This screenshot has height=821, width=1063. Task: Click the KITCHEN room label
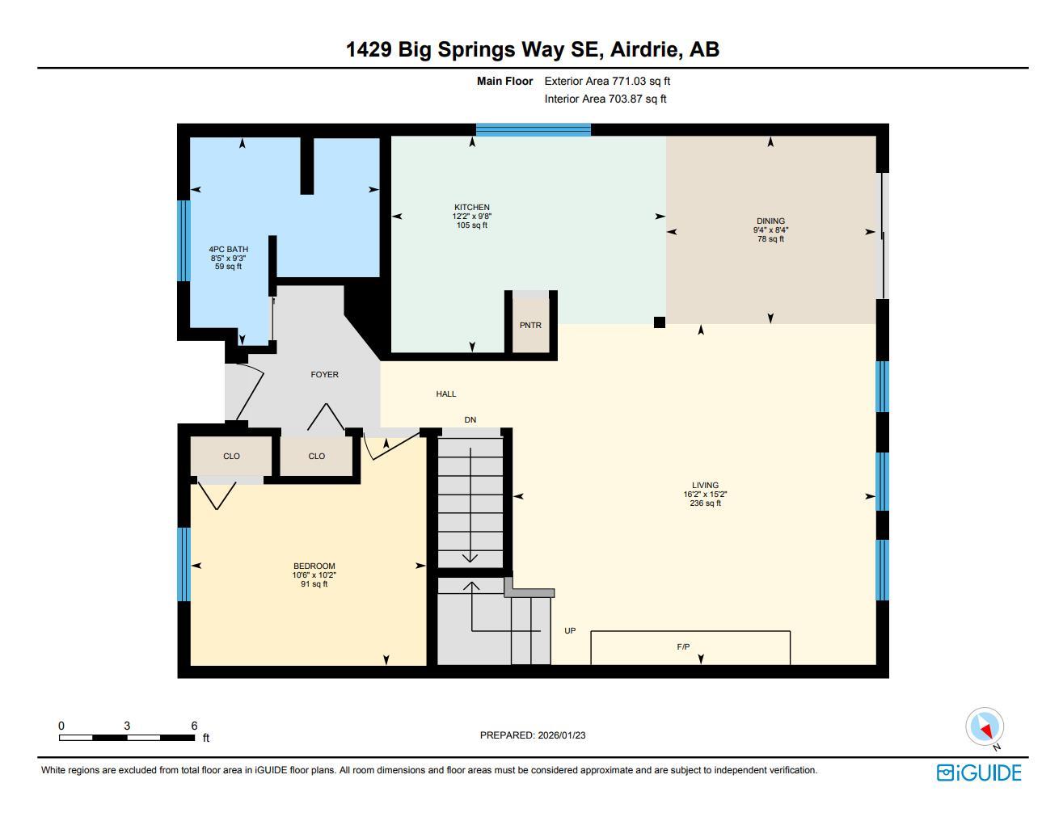[x=471, y=208]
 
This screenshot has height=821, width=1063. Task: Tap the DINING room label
[x=770, y=221]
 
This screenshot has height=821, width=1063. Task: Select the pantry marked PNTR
[x=530, y=325]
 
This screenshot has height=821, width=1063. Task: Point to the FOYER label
[x=324, y=375]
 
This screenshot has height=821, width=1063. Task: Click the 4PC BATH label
[x=228, y=250]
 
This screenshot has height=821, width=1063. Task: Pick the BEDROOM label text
[x=314, y=566]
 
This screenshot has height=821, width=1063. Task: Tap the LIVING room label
[x=705, y=486]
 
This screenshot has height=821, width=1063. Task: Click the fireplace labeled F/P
[x=683, y=647]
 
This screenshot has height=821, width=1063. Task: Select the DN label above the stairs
[x=470, y=420]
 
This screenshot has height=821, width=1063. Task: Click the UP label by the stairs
[x=570, y=631]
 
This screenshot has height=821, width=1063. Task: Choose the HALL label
[x=446, y=394]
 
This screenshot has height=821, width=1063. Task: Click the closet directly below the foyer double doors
[x=316, y=457]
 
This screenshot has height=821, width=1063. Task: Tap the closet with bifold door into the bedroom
[x=231, y=457]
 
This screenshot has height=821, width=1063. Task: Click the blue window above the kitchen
[x=533, y=129]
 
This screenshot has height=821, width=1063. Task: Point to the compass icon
[x=985, y=727]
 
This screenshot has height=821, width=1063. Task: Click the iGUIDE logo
[x=979, y=773]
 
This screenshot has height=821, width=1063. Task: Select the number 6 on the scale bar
[x=194, y=726]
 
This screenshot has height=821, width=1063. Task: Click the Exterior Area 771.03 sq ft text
[x=607, y=81]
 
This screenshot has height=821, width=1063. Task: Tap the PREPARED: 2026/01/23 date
[x=532, y=735]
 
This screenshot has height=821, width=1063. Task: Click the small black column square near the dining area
[x=660, y=322]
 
